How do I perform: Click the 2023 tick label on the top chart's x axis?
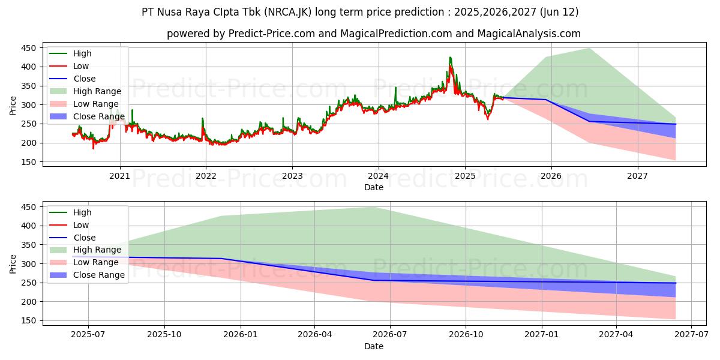(x=292, y=176)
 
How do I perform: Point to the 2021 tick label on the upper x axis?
(x=120, y=176)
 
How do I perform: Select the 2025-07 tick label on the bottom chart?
(x=88, y=335)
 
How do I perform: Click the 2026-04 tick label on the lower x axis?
(x=315, y=335)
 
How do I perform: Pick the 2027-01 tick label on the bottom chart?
(x=542, y=335)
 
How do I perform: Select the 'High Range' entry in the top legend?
(x=97, y=91)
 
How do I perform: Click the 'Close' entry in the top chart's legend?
(x=84, y=79)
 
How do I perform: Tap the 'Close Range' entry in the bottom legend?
(x=98, y=275)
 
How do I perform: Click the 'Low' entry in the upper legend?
(x=81, y=66)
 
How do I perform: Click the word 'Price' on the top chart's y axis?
(x=13, y=104)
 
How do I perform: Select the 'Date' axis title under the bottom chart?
(x=373, y=346)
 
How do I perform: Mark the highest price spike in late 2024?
(x=450, y=58)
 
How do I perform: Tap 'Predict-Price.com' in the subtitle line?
(x=271, y=34)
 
